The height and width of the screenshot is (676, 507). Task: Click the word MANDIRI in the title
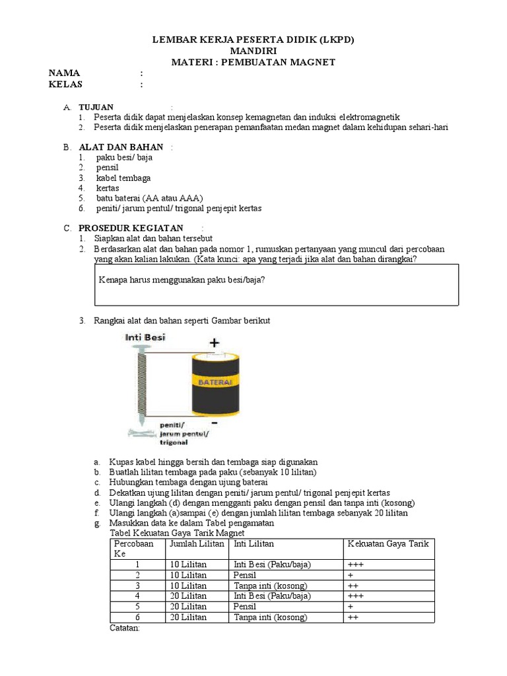pyautogui.click(x=253, y=51)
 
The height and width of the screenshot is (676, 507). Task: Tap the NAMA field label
pyautogui.click(x=65, y=73)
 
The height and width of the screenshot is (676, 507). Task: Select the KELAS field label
pyautogui.click(x=66, y=84)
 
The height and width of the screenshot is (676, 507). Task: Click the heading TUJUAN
pyautogui.click(x=96, y=107)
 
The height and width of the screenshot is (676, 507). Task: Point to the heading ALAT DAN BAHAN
pyautogui.click(x=121, y=147)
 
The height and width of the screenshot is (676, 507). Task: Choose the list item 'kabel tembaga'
pyautogui.click(x=123, y=178)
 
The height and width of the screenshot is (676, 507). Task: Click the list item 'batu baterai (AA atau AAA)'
pyautogui.click(x=150, y=198)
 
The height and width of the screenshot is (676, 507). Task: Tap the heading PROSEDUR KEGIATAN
pyautogui.click(x=131, y=228)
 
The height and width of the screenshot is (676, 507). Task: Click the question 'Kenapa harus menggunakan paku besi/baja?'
pyautogui.click(x=182, y=280)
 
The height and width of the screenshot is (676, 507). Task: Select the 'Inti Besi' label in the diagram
pyautogui.click(x=146, y=337)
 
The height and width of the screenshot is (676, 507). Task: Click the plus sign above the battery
pyautogui.click(x=214, y=343)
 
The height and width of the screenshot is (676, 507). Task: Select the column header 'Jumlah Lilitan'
pyautogui.click(x=195, y=544)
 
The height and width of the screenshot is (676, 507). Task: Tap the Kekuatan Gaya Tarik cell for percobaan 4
pyautogui.click(x=355, y=596)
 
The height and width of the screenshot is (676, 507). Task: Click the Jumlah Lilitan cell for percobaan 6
pyautogui.click(x=188, y=617)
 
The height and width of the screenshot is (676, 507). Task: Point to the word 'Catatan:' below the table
pyautogui.click(x=124, y=628)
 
